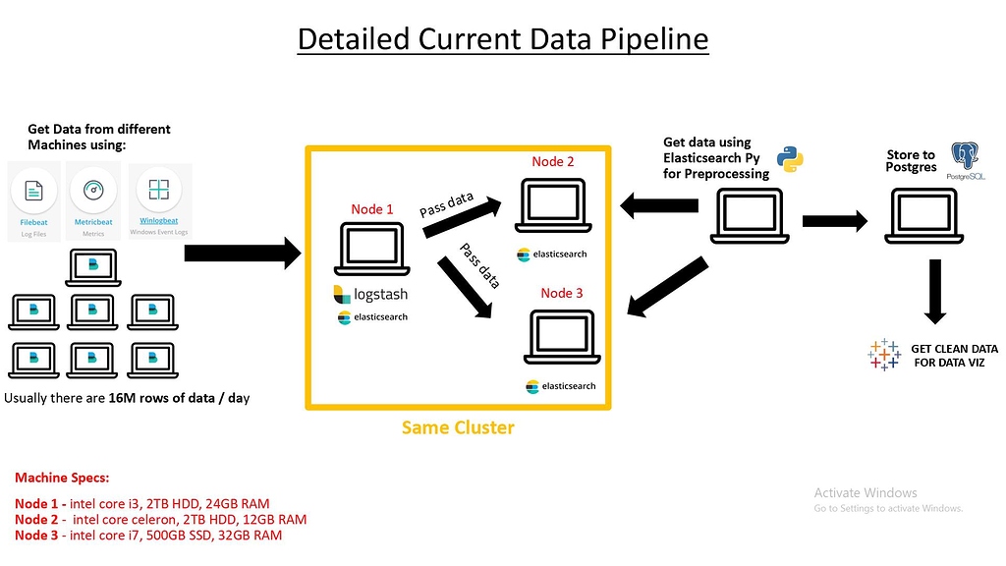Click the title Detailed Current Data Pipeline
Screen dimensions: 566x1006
pyautogui.click(x=502, y=38)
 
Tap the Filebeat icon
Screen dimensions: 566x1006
pyautogui.click(x=33, y=191)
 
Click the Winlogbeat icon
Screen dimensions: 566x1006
pyautogui.click(x=154, y=190)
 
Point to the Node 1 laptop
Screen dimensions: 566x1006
pyautogui.click(x=371, y=250)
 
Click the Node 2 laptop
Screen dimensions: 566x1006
pyautogui.click(x=553, y=207)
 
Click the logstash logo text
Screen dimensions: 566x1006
pyautogui.click(x=378, y=294)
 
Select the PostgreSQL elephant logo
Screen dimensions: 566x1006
pyautogui.click(x=967, y=157)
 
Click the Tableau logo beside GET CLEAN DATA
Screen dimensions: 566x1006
pyautogui.click(x=884, y=355)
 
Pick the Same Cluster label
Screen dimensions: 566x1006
pyautogui.click(x=457, y=427)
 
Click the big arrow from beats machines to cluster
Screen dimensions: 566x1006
pyautogui.click(x=242, y=254)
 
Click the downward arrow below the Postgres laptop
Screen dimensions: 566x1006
pyautogui.click(x=934, y=294)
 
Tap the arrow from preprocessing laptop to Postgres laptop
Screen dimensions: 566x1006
pyautogui.click(x=835, y=222)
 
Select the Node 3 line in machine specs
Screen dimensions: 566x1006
pyautogui.click(x=148, y=536)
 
